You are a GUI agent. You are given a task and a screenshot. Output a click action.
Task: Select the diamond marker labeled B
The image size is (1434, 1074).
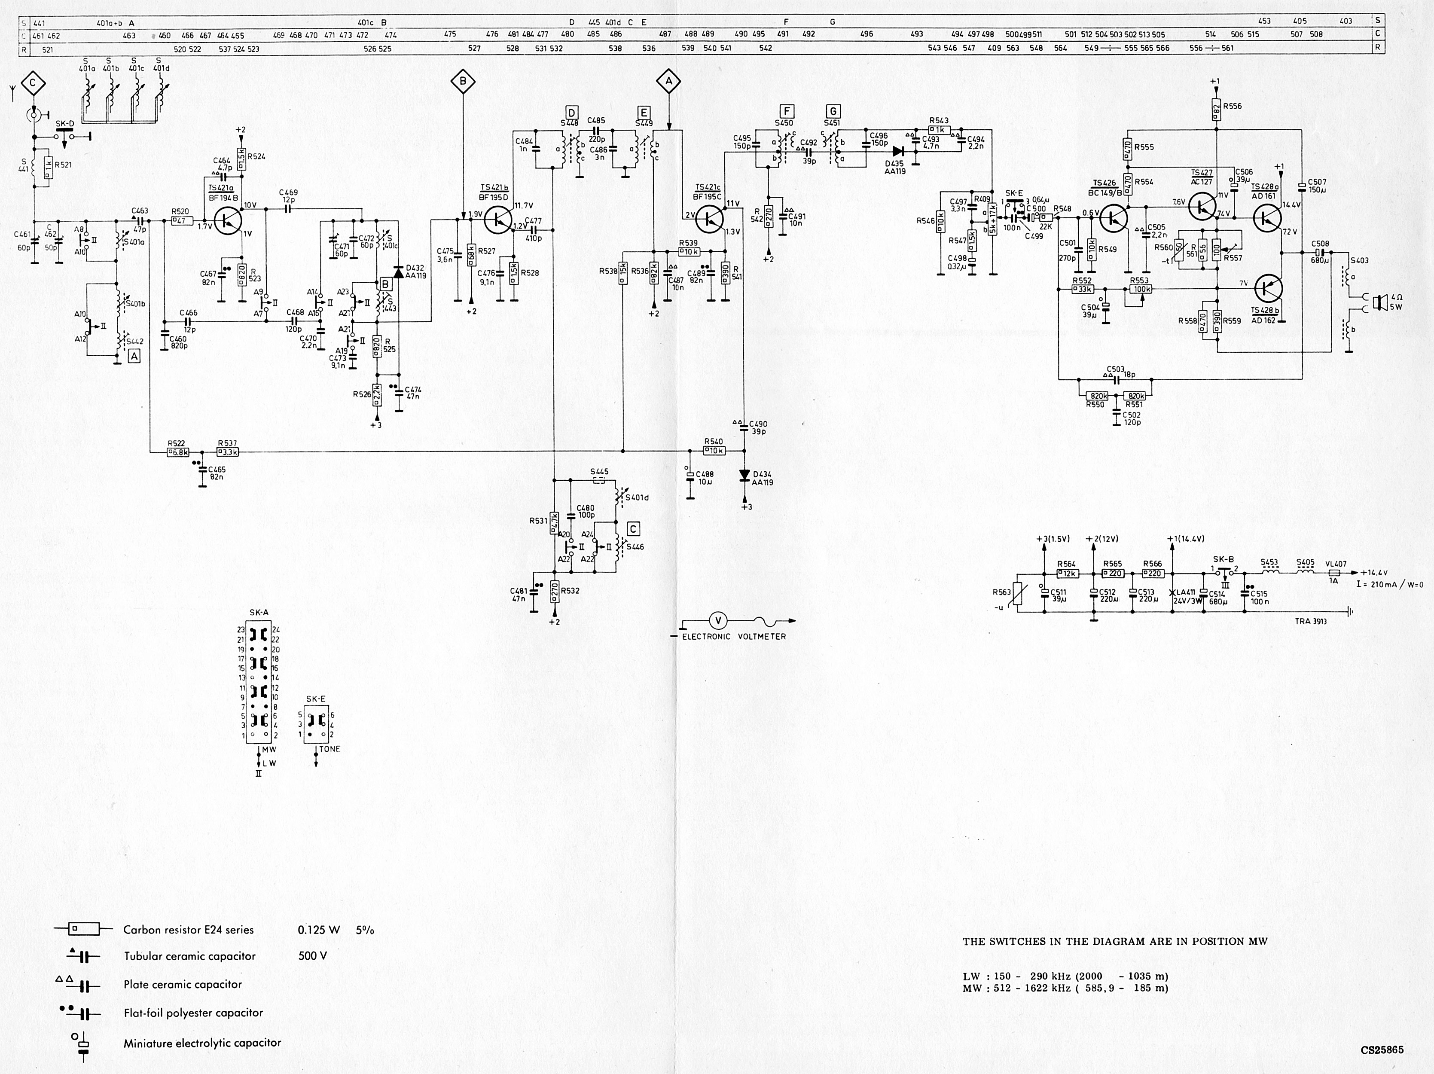[x=463, y=82]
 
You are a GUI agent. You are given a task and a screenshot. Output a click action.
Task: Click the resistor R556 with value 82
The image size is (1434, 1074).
[x=1217, y=110]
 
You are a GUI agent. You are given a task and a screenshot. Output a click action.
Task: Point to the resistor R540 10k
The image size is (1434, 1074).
[x=714, y=451]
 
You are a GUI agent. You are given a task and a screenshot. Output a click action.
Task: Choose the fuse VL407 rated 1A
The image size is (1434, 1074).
[x=1335, y=573]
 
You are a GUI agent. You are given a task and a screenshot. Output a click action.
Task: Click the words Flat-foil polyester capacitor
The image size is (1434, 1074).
[x=193, y=1013]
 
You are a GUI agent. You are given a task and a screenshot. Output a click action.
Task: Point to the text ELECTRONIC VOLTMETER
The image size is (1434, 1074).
[x=734, y=637]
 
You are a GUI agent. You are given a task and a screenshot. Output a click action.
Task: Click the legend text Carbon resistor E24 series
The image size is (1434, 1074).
[x=189, y=930]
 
